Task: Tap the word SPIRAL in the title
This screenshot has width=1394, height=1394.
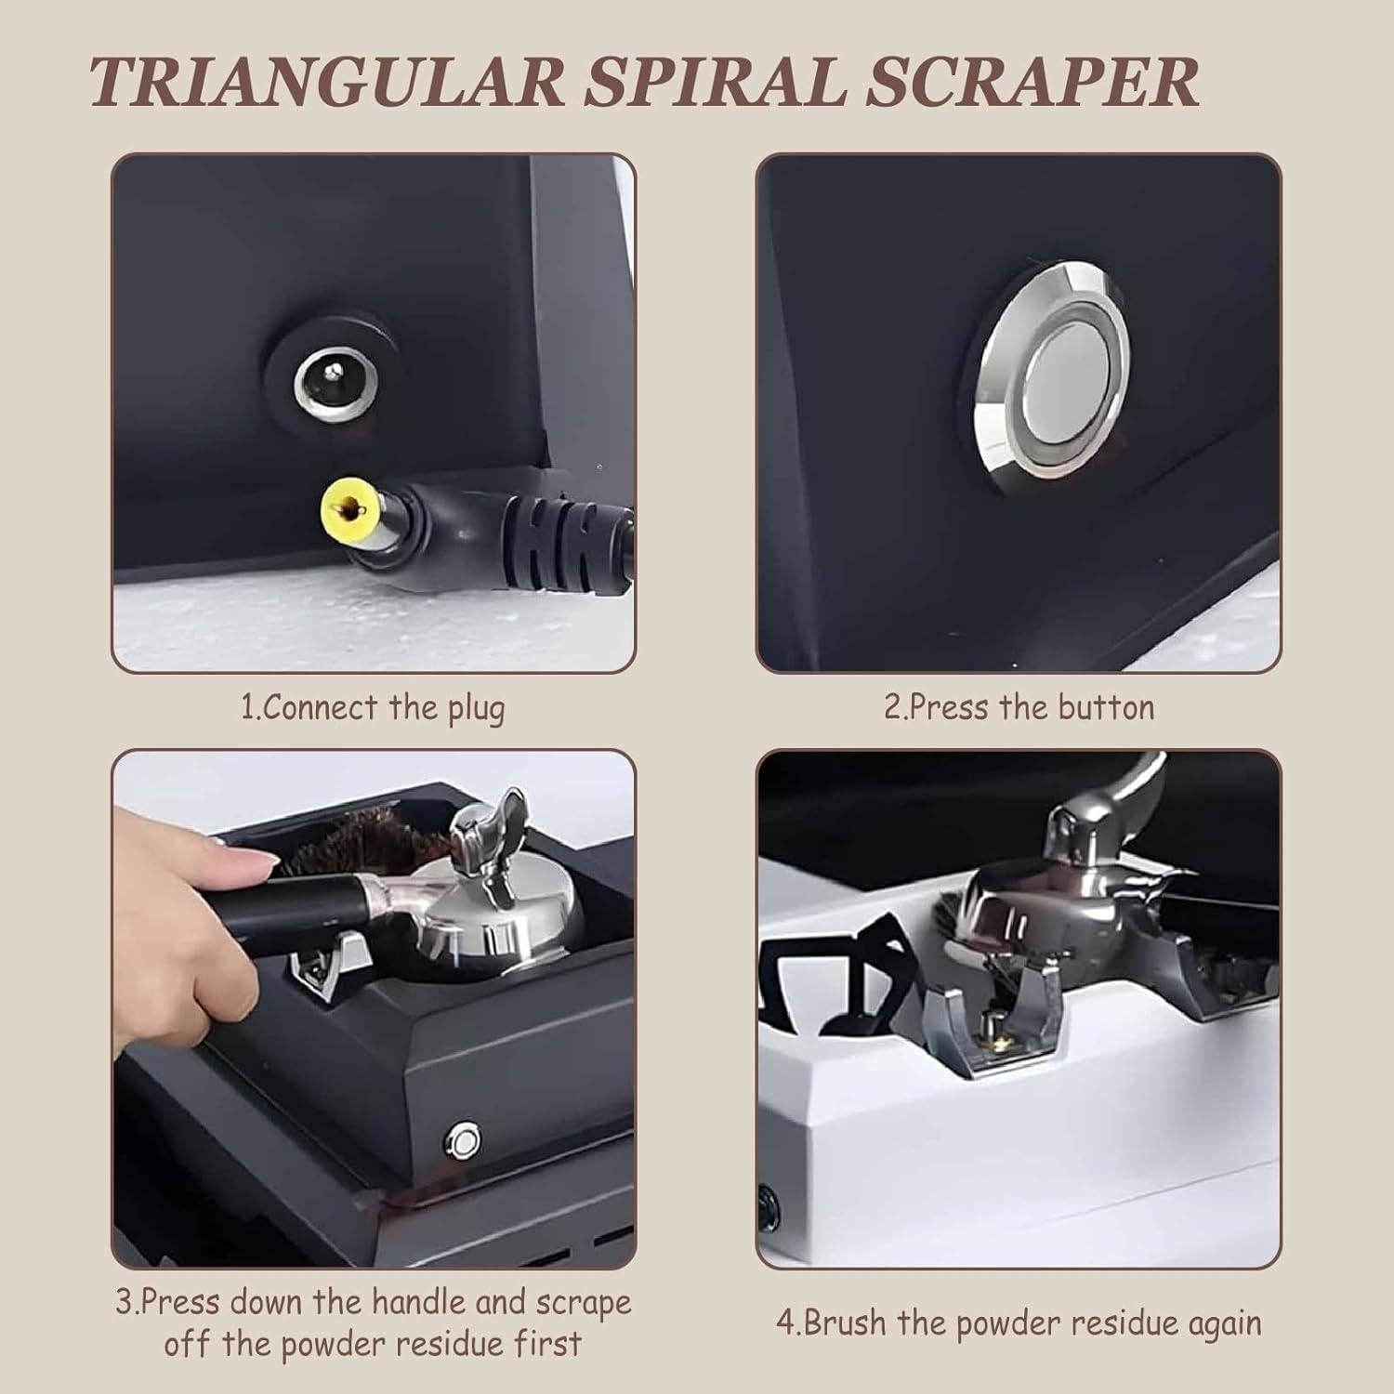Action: pos(715,82)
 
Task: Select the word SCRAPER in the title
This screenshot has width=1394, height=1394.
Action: pos(1032,82)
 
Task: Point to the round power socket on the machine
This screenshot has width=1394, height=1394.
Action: pos(332,382)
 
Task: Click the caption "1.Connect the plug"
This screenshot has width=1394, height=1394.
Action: pos(374,709)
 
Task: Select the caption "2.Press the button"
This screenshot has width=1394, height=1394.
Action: pos(1019,708)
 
